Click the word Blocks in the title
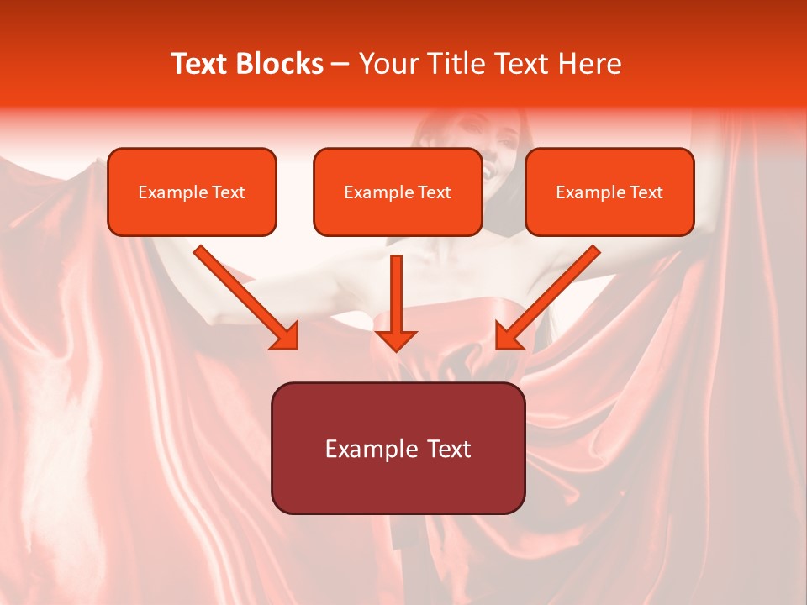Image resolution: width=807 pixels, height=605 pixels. click(281, 64)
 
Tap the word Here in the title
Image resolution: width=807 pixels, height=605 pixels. click(586, 64)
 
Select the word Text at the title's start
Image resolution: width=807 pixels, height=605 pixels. click(201, 64)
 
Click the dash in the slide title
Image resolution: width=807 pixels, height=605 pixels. click(340, 65)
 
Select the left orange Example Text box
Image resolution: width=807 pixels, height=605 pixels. click(192, 192)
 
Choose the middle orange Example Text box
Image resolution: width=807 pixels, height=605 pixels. click(398, 192)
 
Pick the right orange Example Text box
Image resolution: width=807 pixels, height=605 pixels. click(609, 192)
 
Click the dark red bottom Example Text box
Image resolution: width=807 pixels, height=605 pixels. click(398, 448)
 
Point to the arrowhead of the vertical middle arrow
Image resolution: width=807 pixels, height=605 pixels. click(396, 340)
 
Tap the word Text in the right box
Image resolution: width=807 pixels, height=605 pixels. click(646, 192)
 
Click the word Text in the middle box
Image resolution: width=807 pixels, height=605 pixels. click(434, 192)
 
